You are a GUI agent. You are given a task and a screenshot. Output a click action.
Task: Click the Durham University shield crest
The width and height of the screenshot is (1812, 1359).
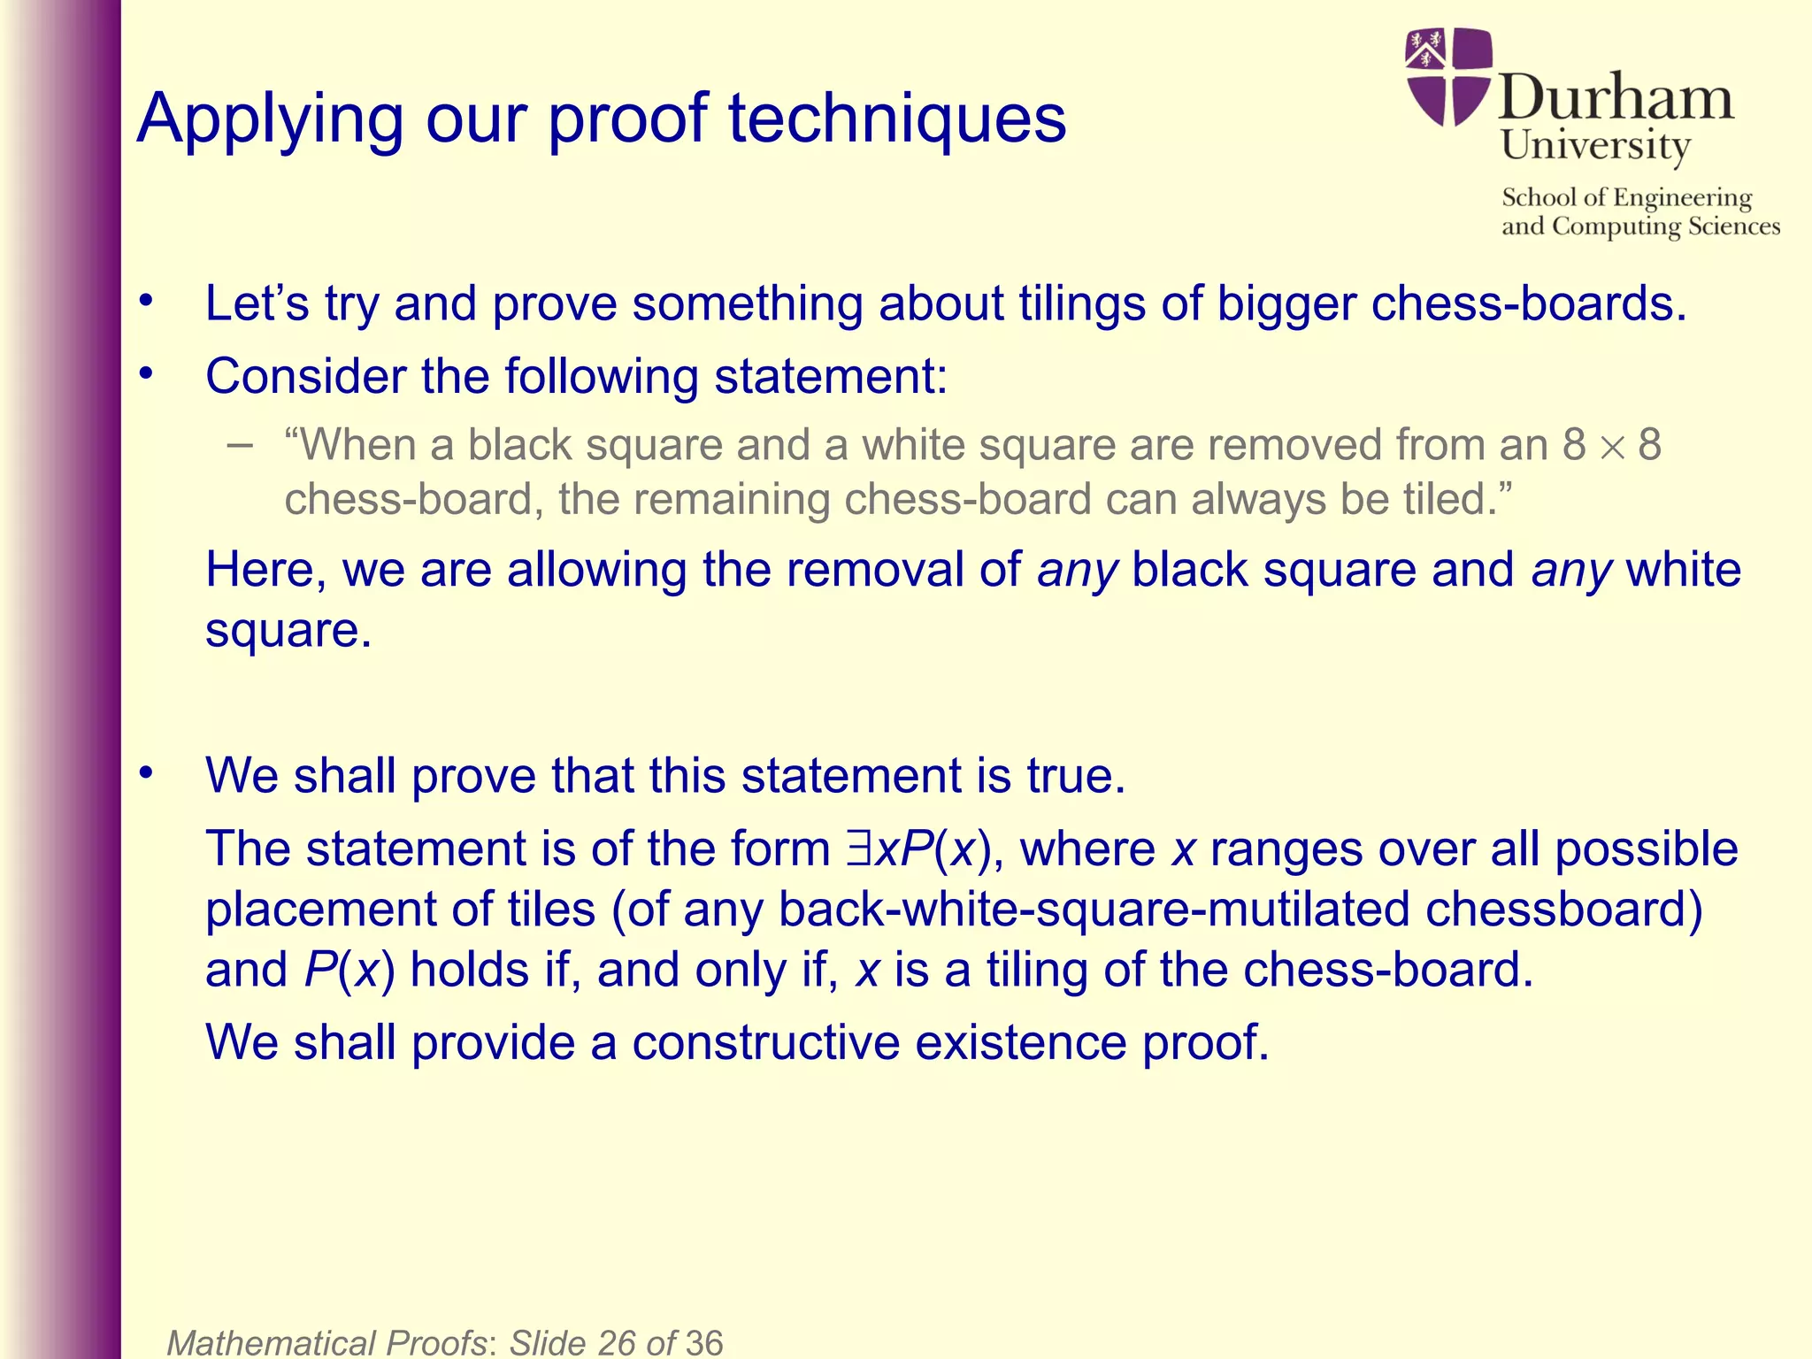pos(1448,76)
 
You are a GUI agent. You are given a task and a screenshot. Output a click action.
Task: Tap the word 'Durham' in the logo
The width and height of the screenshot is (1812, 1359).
pos(1616,96)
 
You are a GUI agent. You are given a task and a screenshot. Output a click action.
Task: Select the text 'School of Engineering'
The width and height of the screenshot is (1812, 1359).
pos(1626,197)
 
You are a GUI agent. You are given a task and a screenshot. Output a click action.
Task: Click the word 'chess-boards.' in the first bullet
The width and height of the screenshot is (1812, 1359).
pos(1529,303)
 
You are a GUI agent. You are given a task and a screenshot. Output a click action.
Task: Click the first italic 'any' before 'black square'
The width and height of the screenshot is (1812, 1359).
pos(1078,570)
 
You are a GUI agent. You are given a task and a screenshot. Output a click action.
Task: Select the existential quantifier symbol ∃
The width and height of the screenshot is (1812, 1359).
pos(857,848)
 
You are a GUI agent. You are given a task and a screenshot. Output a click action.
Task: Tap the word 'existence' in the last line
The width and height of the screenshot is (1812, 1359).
pos(1020,1042)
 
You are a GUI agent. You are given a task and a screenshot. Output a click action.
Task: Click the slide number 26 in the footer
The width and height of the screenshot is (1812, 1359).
pos(617,1342)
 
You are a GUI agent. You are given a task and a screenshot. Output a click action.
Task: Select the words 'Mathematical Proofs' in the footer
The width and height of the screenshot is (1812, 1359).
pos(326,1342)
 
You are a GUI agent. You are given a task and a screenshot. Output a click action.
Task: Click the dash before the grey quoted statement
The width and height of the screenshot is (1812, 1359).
pos(239,444)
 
